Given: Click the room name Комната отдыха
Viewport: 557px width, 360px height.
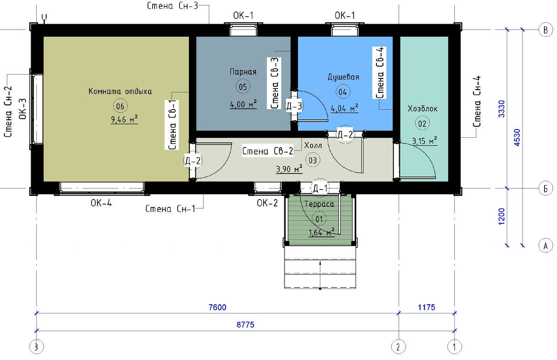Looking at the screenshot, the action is coord(120,91).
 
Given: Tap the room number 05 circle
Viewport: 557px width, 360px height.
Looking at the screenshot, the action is coord(243,86).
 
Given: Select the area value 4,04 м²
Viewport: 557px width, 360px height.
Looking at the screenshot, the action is coord(344,108).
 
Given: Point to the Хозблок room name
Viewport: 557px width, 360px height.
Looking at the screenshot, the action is coord(422,109).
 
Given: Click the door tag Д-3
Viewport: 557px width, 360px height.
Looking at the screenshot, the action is coord(294,106).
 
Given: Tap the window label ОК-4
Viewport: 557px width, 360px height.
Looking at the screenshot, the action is coord(101,203).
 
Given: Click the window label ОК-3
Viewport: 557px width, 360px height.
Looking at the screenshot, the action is coord(23,109).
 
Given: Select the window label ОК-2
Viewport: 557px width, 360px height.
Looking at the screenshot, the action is coord(267,203).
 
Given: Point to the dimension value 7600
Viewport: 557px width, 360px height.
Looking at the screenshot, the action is coord(217,307).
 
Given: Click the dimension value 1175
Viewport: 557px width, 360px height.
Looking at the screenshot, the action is coord(427,307).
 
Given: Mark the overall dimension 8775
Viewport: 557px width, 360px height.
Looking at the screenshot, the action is coord(246,325).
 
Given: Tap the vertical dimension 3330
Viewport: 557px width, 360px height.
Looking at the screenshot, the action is coord(502,109).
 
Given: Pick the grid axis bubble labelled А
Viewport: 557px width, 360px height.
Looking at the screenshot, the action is coord(545,246).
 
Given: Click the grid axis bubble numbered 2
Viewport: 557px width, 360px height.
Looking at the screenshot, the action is coord(399,347).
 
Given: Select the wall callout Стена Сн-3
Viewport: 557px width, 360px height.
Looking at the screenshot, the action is coord(172,6).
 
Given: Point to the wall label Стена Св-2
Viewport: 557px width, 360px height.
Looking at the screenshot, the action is coord(268,151).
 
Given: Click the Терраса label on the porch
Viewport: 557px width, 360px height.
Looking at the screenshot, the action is coord(319,204).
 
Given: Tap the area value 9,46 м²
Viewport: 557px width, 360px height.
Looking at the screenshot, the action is coord(124,119).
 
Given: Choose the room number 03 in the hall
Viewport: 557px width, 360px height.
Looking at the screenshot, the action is coord(312,160).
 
